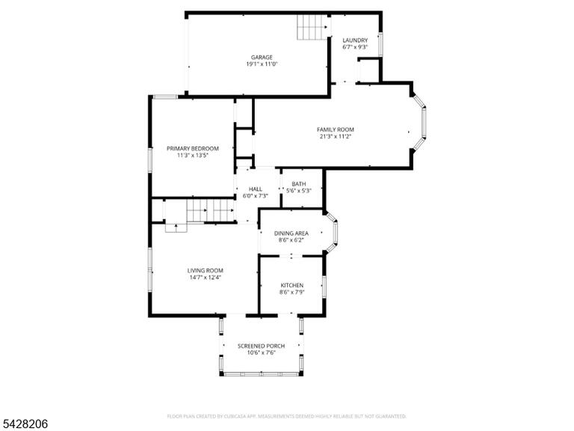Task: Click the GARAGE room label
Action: point(262,57)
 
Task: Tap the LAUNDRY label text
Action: point(355,40)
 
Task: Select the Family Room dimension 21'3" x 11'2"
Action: point(336,136)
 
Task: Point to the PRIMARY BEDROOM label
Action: point(193,148)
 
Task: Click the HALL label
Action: point(256,189)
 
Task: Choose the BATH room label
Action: point(299,184)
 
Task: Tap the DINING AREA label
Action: point(291,233)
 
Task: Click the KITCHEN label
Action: point(291,286)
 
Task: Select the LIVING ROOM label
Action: point(205,271)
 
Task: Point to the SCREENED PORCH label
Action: point(261,346)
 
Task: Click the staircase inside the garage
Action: point(312,27)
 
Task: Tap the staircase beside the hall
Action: point(211,211)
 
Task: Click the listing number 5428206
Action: point(24,424)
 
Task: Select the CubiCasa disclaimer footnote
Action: point(287,416)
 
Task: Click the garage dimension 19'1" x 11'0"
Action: point(262,64)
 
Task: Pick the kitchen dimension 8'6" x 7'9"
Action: point(291,293)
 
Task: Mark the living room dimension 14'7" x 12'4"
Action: point(205,278)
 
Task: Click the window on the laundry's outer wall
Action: point(380,45)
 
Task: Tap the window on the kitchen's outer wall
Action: point(324,287)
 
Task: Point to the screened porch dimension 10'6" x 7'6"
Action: point(261,353)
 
